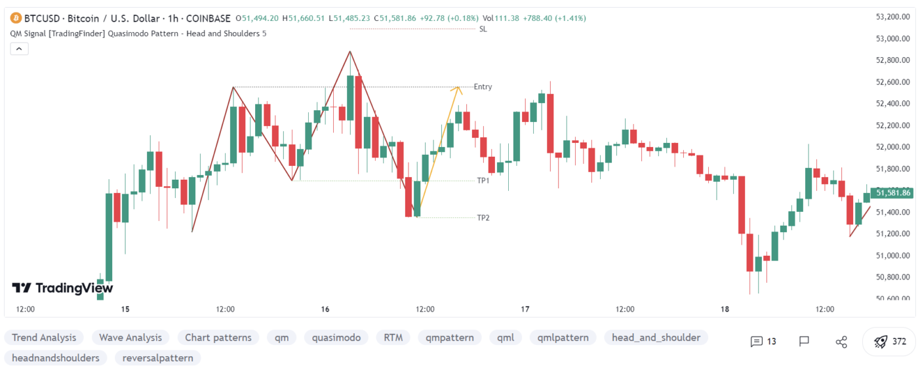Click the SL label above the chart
click(x=483, y=29)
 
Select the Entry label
click(x=483, y=87)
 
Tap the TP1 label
click(x=483, y=180)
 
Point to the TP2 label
click(x=483, y=217)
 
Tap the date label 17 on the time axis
click(x=525, y=309)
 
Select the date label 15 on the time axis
click(x=125, y=309)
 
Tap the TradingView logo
click(x=62, y=288)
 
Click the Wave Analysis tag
click(x=130, y=338)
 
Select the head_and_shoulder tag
click(x=656, y=338)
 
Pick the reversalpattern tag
click(x=157, y=358)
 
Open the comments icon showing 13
click(x=763, y=341)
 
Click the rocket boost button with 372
click(x=889, y=341)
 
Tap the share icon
click(x=841, y=341)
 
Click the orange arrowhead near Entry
click(x=459, y=89)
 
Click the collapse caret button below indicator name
click(x=19, y=49)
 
